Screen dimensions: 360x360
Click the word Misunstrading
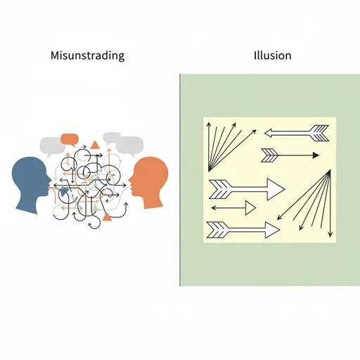pyautogui.click(x=87, y=56)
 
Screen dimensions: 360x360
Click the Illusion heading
pyautogui.click(x=273, y=56)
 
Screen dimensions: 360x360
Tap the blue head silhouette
pyautogui.click(x=30, y=185)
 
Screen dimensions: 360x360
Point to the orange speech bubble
pyautogui.click(x=70, y=139)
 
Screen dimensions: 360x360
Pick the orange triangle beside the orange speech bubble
pyautogui.click(x=95, y=146)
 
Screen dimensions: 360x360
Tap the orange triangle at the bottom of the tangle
pyautogui.click(x=107, y=217)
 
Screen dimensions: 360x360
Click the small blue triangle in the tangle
pyautogui.click(x=63, y=192)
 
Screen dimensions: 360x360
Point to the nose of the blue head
pyautogui.click(x=51, y=181)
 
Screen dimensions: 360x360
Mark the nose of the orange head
pyautogui.click(x=129, y=180)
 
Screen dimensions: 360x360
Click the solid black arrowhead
pyautogui.click(x=316, y=155)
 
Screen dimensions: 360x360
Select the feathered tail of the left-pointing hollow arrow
pyautogui.click(x=319, y=133)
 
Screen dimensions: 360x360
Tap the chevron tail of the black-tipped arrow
pyautogui.click(x=269, y=155)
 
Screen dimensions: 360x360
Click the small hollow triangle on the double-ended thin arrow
pyautogui.click(x=250, y=208)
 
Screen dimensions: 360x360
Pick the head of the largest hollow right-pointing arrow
pyautogui.click(x=276, y=189)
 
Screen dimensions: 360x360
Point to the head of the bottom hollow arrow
pyautogui.click(x=272, y=230)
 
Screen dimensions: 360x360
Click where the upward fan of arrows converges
pyautogui.click(x=209, y=172)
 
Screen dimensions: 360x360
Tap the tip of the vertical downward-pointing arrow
pyautogui.click(x=330, y=236)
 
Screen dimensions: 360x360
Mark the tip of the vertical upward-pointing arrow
pyautogui.click(x=209, y=122)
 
